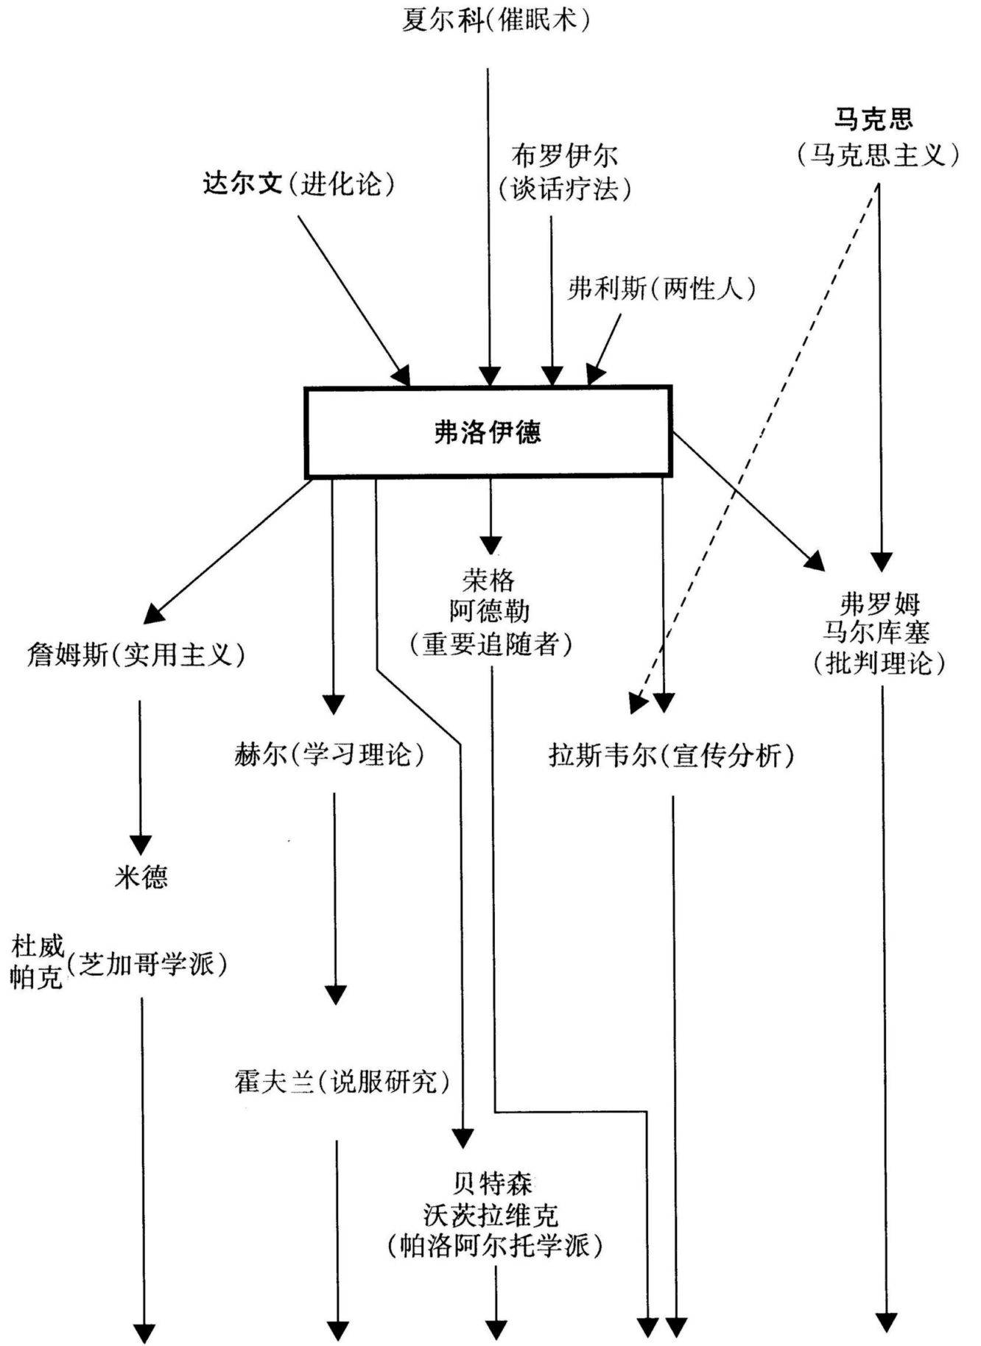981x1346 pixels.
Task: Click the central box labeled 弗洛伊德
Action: [x=488, y=432]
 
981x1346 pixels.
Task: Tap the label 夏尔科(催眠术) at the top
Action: [x=496, y=20]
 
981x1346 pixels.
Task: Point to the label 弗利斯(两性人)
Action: [x=661, y=289]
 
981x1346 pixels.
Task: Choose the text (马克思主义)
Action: [x=878, y=155]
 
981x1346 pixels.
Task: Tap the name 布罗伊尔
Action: [x=565, y=156]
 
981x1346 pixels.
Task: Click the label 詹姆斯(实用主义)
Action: [x=136, y=654]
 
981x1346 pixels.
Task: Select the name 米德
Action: [x=141, y=876]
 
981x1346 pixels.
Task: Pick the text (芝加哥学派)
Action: [x=147, y=964]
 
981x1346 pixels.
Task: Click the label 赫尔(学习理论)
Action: [x=329, y=755]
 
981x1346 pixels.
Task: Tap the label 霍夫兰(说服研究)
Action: [x=342, y=1081]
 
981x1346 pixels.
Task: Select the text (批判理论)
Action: [x=879, y=663]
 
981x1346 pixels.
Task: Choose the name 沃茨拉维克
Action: [x=491, y=1214]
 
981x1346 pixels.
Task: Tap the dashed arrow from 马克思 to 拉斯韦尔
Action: [x=759, y=442]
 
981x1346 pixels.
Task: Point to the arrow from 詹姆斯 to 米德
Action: [x=140, y=773]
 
